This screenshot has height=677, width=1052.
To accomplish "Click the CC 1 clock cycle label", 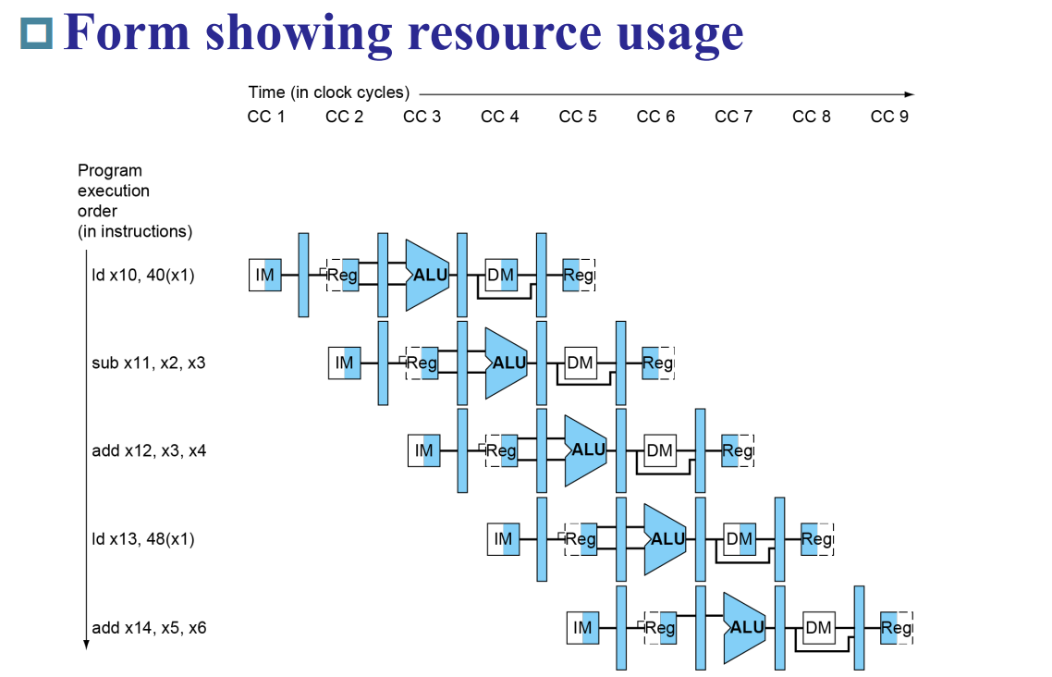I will click(x=266, y=117).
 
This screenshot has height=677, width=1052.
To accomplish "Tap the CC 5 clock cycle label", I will click(x=578, y=117).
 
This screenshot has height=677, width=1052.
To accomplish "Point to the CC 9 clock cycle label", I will click(x=889, y=117).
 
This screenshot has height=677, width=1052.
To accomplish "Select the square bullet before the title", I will click(x=36, y=33).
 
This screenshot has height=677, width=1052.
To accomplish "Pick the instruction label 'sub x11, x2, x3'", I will click(x=149, y=363).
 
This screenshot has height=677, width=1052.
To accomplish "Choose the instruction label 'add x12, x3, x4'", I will click(x=149, y=450).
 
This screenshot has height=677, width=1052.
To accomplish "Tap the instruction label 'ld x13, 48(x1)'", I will click(x=143, y=538).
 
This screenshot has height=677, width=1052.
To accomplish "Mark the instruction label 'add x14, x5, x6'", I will click(x=149, y=628).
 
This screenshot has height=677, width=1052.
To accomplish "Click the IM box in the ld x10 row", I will click(x=265, y=275).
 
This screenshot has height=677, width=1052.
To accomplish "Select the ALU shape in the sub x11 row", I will click(x=506, y=363).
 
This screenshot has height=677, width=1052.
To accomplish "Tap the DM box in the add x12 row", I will click(x=659, y=450).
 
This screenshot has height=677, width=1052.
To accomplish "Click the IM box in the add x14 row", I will click(x=583, y=628).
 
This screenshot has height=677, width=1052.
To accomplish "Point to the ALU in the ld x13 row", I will click(x=665, y=538).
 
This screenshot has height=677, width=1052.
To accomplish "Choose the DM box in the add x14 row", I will click(x=818, y=628).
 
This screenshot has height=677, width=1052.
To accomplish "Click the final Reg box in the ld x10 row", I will click(x=578, y=275).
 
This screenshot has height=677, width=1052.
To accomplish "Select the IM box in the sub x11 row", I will click(x=345, y=363).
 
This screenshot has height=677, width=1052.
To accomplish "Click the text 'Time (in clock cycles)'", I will click(x=328, y=92).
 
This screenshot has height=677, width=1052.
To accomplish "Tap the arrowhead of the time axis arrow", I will click(x=909, y=93).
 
